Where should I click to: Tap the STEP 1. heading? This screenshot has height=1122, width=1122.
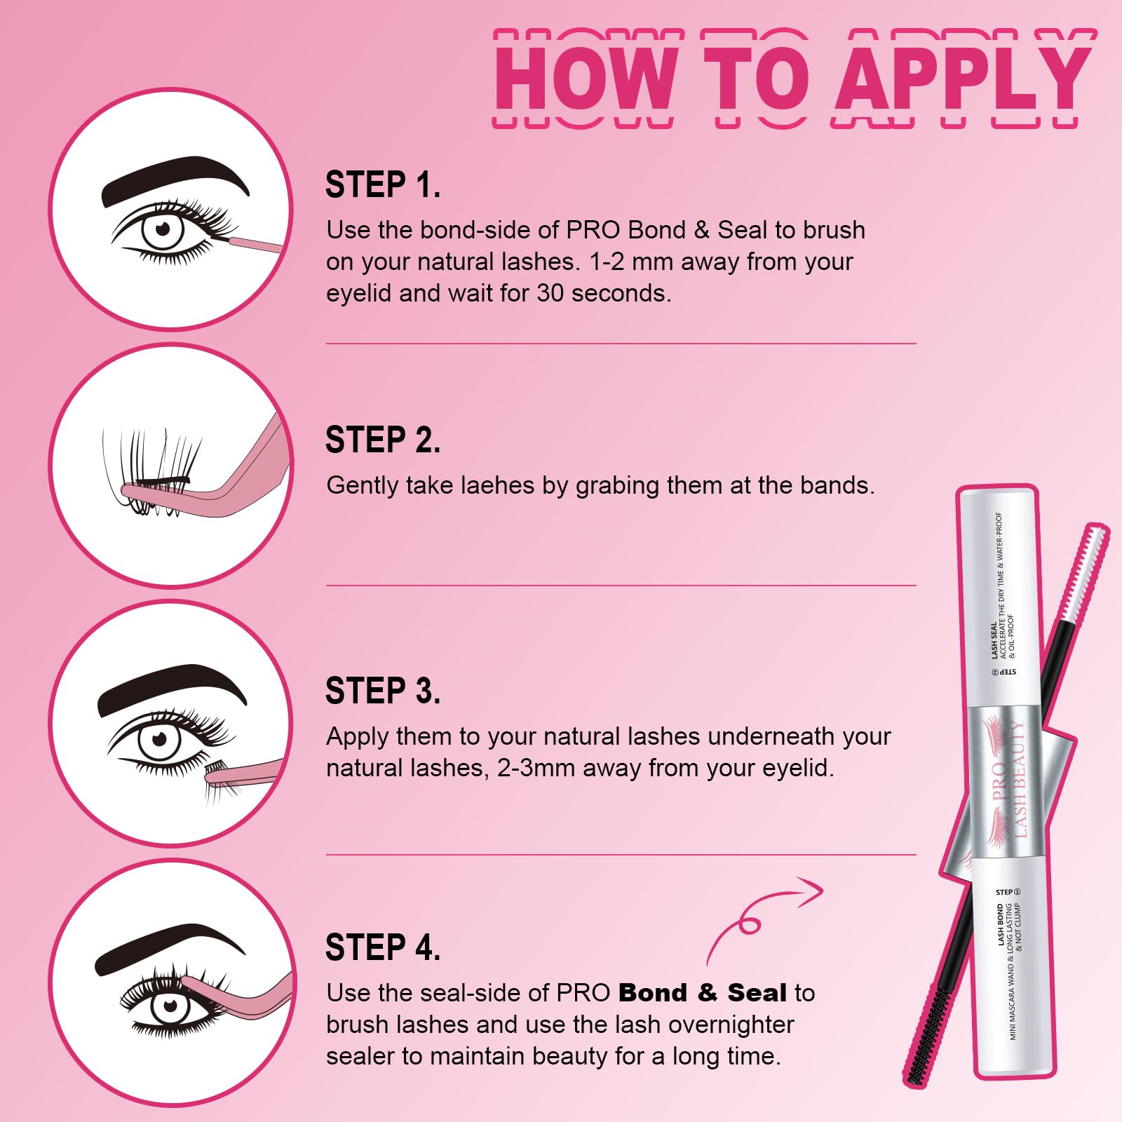383,186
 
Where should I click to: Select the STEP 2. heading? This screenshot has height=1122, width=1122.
383,440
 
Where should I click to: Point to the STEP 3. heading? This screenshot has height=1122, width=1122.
383,691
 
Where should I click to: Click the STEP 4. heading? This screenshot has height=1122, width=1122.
383,947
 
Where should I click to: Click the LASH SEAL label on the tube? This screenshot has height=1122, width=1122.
994,640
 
